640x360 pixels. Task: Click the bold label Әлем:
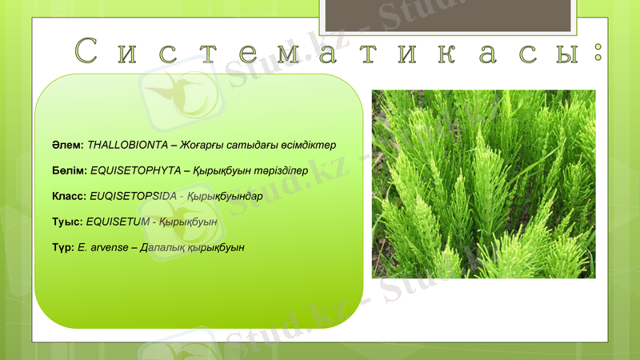[x=67, y=146]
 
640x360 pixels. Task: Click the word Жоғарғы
[x=202, y=146]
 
